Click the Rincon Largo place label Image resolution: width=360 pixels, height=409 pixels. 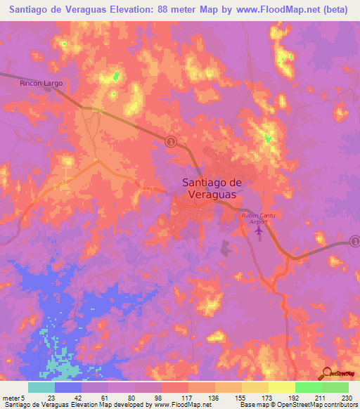pos(40,83)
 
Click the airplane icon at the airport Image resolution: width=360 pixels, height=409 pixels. pos(258,230)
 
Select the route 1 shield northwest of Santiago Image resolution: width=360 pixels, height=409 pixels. pos(170,141)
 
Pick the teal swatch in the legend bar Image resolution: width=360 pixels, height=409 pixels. pos(41,388)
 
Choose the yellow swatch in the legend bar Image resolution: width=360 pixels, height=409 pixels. pos(282,388)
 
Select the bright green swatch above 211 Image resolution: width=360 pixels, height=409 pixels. pos(309,388)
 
